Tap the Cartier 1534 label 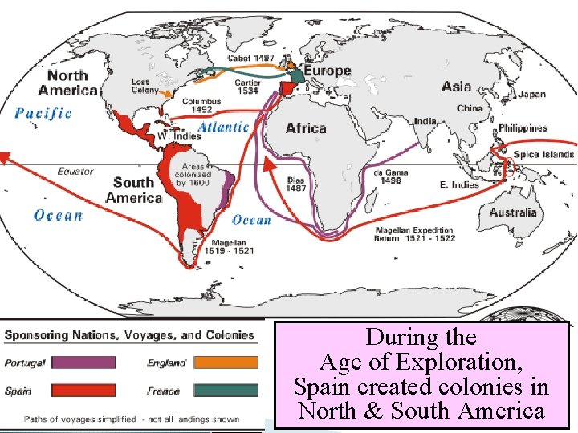click(x=247, y=86)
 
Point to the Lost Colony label click(x=145, y=86)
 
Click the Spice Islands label click(x=543, y=155)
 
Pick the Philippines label click(x=523, y=128)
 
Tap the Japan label click(x=531, y=95)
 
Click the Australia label click(x=513, y=212)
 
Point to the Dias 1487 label click(x=297, y=184)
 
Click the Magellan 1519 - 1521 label click(x=234, y=247)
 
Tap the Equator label click(x=75, y=171)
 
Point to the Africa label click(x=306, y=128)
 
